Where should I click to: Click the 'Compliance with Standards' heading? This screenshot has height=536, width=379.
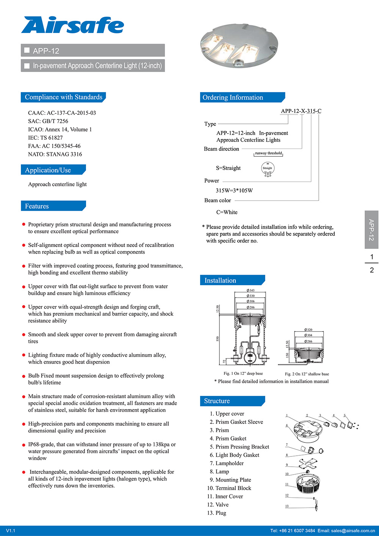coord(63,97)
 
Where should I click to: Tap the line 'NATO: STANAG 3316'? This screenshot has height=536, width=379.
coord(55,154)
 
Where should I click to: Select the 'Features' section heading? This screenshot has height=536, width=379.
coord(37,206)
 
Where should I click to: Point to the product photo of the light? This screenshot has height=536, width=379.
coord(239,45)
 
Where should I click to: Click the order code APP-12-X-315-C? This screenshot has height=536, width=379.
coord(301,111)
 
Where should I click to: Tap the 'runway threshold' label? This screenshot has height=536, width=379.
coord(268,153)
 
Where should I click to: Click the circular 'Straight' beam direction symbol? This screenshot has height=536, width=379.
coord(268,168)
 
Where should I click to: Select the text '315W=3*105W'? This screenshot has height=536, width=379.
coord(234,191)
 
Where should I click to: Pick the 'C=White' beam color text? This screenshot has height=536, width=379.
coord(227,212)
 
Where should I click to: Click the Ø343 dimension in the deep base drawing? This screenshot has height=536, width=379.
coord(251,290)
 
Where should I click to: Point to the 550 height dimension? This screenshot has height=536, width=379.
coord(218,338)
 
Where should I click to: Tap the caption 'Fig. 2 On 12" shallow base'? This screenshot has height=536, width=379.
coord(307,374)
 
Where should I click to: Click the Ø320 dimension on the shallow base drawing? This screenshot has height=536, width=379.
coord(308,330)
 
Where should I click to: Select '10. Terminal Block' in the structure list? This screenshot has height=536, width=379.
coord(229,488)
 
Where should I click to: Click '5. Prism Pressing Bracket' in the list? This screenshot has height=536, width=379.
coord(239,447)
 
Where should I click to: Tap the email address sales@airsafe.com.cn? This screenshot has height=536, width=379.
coord(352,531)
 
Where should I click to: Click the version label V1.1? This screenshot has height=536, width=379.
coord(11,531)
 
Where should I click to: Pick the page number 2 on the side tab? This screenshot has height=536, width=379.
coord(371,270)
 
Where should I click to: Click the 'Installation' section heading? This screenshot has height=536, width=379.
coord(220,280)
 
